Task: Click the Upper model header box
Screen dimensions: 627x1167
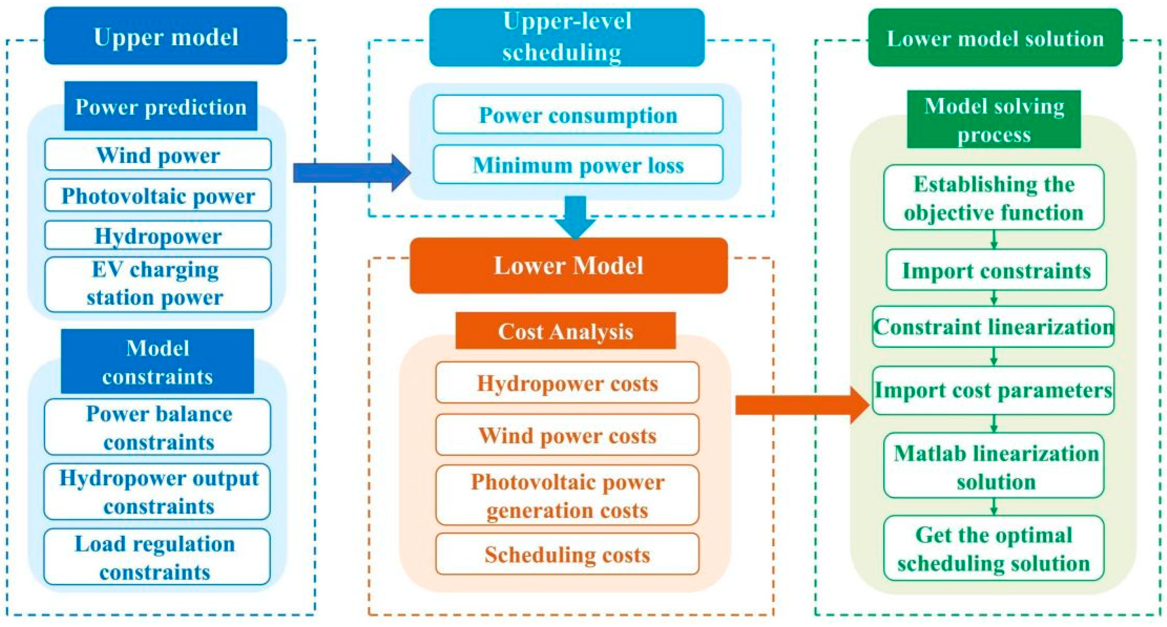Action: (x=165, y=36)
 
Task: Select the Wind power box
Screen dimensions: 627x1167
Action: (x=157, y=155)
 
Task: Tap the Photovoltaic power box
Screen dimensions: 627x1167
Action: (x=157, y=195)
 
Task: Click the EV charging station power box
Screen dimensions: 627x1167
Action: (x=157, y=284)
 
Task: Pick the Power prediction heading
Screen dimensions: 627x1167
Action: (x=160, y=106)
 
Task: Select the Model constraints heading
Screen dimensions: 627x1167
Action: (x=157, y=361)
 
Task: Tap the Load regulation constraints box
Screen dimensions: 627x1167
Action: (x=157, y=557)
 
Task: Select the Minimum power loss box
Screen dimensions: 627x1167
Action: (x=578, y=164)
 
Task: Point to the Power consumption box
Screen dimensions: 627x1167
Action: (x=578, y=115)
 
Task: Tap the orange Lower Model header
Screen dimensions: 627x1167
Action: (x=568, y=266)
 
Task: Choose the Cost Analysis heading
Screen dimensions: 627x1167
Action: (x=565, y=331)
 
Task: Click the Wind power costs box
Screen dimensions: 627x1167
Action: (x=567, y=435)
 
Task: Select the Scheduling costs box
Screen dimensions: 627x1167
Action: (x=567, y=554)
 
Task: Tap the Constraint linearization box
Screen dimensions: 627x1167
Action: (x=993, y=326)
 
